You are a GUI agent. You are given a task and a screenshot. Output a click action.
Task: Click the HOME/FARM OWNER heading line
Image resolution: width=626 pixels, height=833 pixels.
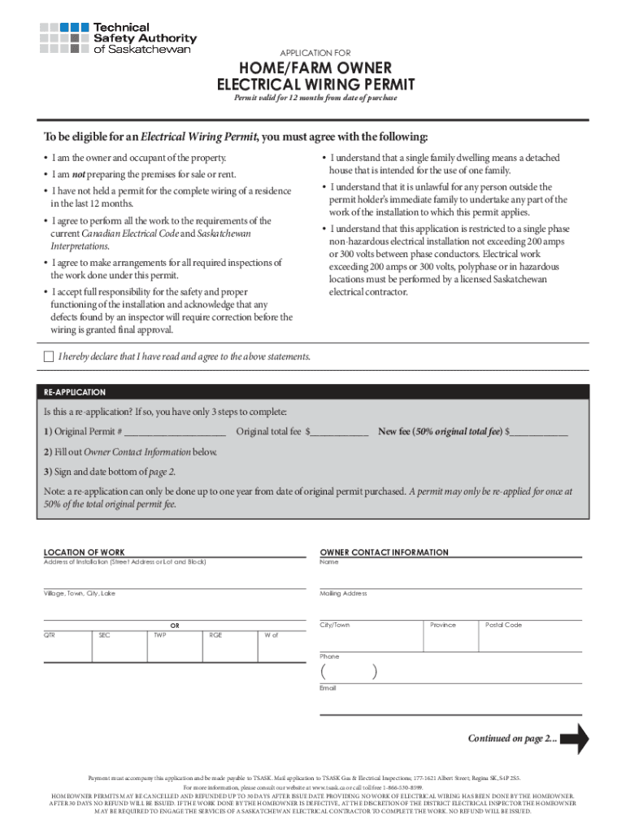[315, 67]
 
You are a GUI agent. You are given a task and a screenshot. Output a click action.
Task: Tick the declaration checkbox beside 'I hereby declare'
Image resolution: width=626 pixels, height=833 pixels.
[48, 357]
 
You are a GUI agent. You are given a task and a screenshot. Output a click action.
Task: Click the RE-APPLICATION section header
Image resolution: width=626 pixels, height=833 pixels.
[75, 392]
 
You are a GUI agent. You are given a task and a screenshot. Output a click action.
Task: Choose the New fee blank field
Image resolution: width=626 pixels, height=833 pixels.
[538, 432]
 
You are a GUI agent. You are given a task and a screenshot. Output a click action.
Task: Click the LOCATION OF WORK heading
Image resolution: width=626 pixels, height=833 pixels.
[84, 552]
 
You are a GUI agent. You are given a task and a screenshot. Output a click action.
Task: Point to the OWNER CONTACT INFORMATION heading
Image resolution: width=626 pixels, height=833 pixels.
[384, 552]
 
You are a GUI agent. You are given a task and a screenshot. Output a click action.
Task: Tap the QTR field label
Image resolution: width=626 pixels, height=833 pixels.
[50, 635]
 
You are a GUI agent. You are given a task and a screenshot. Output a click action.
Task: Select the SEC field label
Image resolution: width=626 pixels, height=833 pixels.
[104, 635]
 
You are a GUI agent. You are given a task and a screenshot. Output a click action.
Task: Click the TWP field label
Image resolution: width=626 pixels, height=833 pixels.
[159, 635]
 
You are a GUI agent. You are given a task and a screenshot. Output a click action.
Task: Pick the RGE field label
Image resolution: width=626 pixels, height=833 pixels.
[215, 635]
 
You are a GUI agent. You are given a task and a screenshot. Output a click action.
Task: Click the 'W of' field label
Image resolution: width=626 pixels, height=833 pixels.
[271, 635]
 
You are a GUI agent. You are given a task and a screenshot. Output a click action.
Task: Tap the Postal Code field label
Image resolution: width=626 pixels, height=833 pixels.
[503, 625]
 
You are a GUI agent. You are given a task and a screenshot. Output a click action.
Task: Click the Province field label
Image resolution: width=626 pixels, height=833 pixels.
[443, 625]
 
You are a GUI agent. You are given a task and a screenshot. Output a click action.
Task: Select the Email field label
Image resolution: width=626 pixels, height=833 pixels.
[328, 688]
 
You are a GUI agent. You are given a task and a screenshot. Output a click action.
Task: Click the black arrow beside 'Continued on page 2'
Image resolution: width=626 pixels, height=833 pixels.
[575, 739]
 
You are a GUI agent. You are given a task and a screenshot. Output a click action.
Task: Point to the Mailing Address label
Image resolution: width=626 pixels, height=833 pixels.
[343, 594]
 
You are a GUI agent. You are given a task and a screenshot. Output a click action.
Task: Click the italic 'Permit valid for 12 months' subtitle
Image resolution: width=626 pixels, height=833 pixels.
[315, 98]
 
